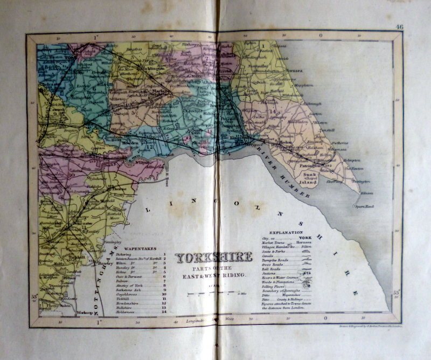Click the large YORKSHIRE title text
[214, 257]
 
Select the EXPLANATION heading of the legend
[290, 232]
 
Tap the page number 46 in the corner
[399, 27]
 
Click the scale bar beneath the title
[211, 294]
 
